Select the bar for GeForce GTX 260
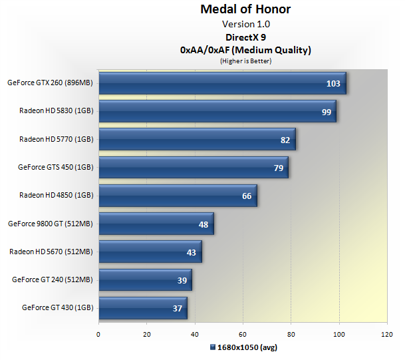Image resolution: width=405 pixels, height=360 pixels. [x=222, y=83]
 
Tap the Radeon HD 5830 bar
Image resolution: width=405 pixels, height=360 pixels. [x=217, y=112]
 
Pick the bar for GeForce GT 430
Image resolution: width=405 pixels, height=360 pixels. [x=142, y=308]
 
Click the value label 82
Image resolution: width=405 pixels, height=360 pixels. [x=285, y=140]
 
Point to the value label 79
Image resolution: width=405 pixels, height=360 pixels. [x=279, y=168]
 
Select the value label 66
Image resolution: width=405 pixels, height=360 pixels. [x=246, y=196]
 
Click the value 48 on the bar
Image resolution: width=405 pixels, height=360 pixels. [x=203, y=224]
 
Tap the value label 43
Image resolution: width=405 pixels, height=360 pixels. [x=192, y=252]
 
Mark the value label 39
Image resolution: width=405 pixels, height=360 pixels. [x=182, y=280]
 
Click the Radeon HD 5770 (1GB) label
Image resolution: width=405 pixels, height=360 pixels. [x=56, y=140]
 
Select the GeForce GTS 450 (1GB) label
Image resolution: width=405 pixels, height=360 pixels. [x=55, y=168]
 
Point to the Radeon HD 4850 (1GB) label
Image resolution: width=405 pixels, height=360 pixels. [x=56, y=196]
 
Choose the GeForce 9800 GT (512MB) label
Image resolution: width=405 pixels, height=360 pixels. [x=51, y=224]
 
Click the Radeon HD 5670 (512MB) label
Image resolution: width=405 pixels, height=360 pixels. [x=51, y=252]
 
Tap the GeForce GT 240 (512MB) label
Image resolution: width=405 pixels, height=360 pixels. [x=53, y=280]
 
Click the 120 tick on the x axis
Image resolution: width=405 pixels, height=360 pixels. [x=387, y=334]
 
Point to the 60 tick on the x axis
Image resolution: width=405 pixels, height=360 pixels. [x=243, y=334]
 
